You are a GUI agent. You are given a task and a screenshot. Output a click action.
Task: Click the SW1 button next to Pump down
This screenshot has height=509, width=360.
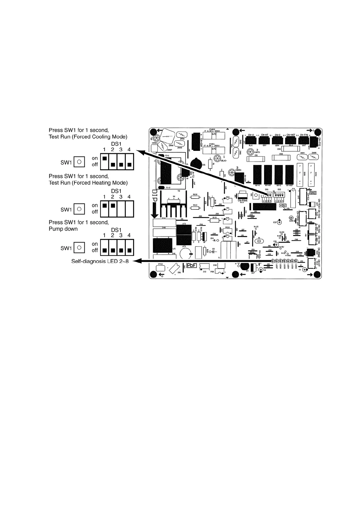pyautogui.click(x=79, y=248)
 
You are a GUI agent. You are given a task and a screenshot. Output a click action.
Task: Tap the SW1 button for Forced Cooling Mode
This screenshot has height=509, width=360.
pyautogui.click(x=79, y=162)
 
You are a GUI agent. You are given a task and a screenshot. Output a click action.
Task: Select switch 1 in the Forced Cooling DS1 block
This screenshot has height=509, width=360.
pyautogui.click(x=104, y=158)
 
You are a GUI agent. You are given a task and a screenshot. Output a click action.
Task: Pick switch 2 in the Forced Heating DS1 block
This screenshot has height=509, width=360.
pyautogui.click(x=113, y=206)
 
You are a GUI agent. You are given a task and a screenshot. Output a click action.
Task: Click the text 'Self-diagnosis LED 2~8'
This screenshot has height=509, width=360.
pyautogui.click(x=100, y=261)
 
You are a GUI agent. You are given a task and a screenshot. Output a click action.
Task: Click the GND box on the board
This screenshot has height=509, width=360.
pyautogui.click(x=313, y=193)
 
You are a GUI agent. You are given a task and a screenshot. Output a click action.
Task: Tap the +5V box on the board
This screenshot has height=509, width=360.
pyautogui.click(x=283, y=205)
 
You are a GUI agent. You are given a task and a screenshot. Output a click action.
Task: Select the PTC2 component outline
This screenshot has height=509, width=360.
pyautogui.click(x=160, y=267)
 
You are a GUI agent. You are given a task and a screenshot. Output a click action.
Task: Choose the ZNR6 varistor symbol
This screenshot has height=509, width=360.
pyautogui.click(x=181, y=135)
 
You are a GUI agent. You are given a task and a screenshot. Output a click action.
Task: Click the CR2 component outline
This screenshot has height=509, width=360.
pyautogui.click(x=281, y=158)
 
